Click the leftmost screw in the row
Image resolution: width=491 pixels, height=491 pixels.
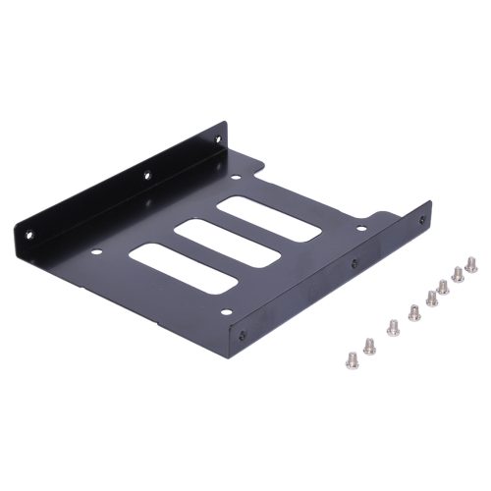[352, 359]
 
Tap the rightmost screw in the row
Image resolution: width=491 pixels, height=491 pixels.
[471, 264]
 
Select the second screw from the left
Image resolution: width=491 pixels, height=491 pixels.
[370, 345]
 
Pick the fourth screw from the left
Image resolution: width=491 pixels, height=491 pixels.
[414, 313]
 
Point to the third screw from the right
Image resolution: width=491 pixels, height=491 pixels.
[443, 287]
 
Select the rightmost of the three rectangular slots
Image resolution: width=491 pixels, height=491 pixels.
[268, 218]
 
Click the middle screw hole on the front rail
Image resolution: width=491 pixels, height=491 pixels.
[355, 263]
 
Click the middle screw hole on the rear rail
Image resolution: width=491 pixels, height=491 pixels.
[146, 177]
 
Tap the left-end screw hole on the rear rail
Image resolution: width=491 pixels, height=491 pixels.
[28, 235]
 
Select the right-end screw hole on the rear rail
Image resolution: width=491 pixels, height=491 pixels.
[213, 142]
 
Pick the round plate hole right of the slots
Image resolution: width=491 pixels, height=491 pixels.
[361, 229]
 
